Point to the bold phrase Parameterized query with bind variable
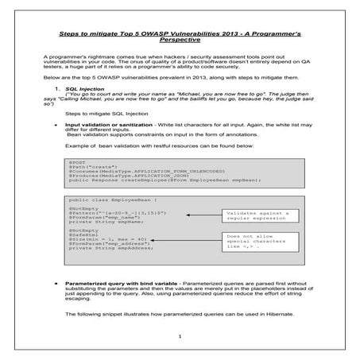tap(117, 282)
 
